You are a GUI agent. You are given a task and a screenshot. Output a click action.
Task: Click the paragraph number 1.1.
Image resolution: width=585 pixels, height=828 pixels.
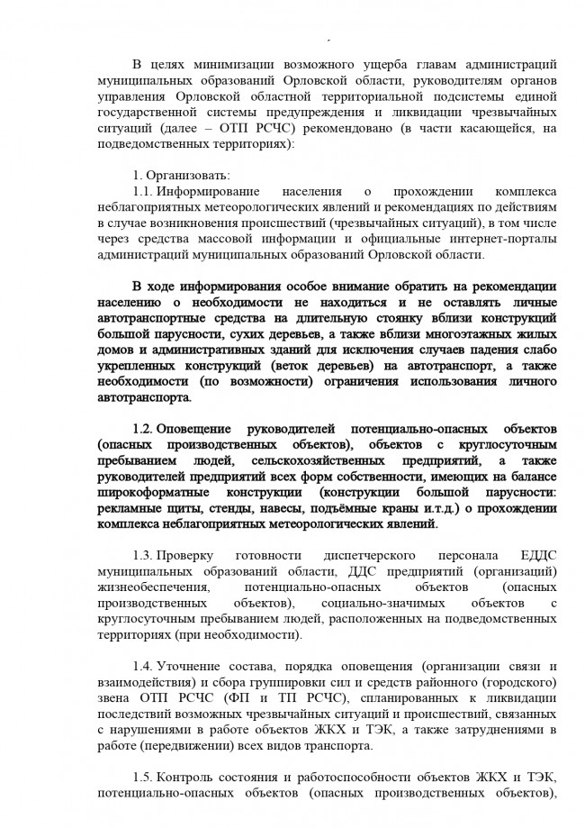[x=144, y=192]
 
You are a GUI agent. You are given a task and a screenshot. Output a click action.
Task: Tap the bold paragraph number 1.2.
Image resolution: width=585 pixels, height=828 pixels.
[x=144, y=427]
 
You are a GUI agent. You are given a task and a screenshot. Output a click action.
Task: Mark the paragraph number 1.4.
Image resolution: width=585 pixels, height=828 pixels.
[x=144, y=665]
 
